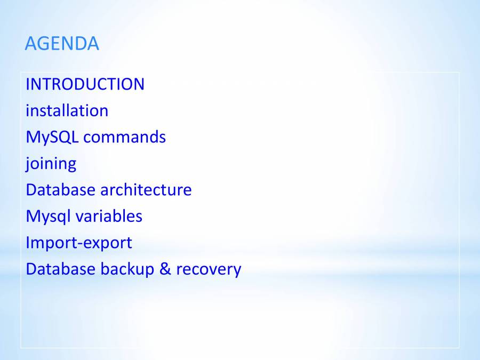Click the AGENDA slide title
click(x=62, y=44)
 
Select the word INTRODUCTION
click(x=85, y=84)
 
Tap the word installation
click(x=67, y=110)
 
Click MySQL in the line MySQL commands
click(x=52, y=138)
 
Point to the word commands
click(x=125, y=137)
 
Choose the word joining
click(x=51, y=164)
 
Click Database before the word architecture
click(x=60, y=190)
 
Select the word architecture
click(x=146, y=190)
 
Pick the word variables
click(x=109, y=216)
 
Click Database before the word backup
click(x=60, y=269)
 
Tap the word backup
click(x=127, y=270)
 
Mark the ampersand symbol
click(x=165, y=269)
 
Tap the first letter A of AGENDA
click(x=31, y=44)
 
